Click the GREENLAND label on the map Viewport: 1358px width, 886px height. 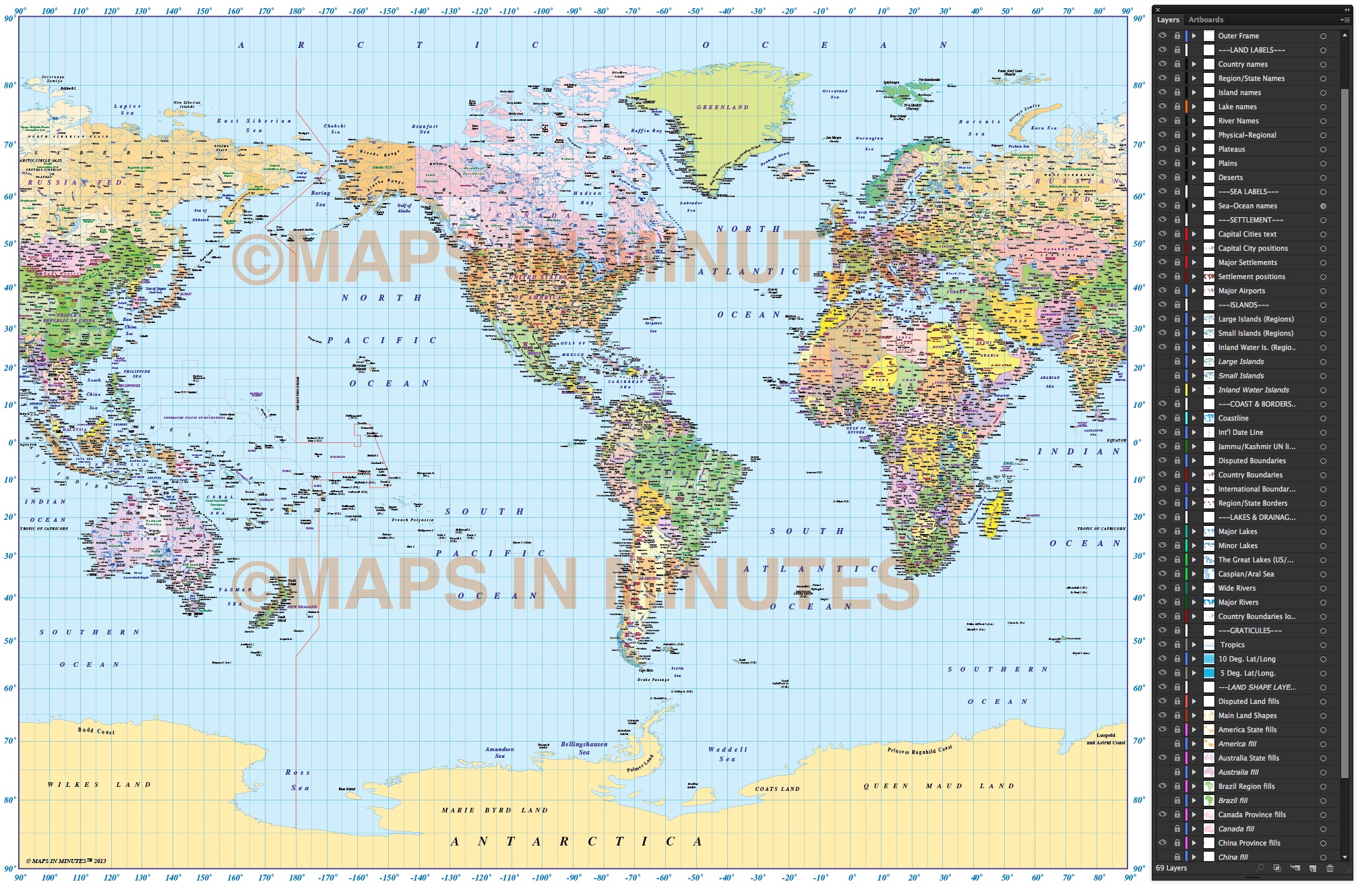tap(722, 107)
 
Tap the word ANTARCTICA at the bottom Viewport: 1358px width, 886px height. tap(576, 841)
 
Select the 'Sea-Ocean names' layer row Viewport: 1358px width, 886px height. tap(1247, 206)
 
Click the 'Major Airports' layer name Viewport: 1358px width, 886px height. tap(1241, 291)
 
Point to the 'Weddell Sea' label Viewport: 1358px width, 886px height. tap(727, 754)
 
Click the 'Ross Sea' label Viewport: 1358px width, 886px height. tap(298, 779)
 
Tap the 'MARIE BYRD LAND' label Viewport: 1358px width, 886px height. tap(495, 810)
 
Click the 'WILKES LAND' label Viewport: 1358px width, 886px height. tap(99, 784)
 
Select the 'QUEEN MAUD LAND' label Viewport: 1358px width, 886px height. tap(938, 786)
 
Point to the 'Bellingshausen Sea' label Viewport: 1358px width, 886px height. tap(584, 748)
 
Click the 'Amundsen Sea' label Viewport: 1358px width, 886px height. tap(499, 752)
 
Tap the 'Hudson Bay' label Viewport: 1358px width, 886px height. tap(586, 198)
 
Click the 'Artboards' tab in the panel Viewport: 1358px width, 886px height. tap(1205, 20)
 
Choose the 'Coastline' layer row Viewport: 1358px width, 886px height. tap(1233, 418)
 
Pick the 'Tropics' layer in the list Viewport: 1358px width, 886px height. tap(1232, 645)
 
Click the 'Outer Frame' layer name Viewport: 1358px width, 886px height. tap(1238, 36)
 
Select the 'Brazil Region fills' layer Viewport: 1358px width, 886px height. tap(1246, 786)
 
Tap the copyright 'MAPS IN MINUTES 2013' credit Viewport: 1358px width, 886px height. tap(66, 860)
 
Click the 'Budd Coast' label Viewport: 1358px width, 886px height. tap(96, 730)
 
